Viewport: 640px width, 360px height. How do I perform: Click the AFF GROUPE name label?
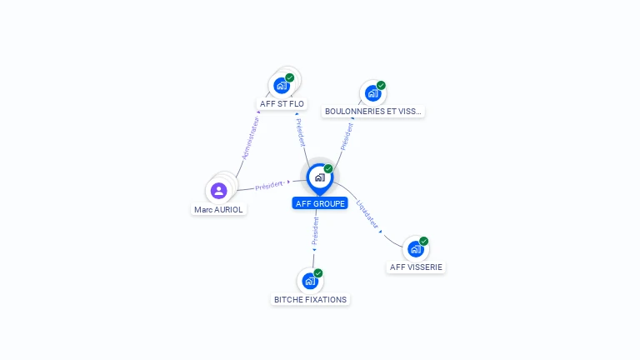(320, 203)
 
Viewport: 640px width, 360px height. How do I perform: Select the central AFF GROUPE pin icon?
(319, 177)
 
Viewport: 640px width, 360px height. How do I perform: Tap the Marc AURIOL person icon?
(219, 191)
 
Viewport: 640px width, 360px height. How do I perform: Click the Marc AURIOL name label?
(218, 210)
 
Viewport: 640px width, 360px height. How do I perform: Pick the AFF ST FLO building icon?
(282, 85)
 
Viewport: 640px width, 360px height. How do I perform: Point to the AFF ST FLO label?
(282, 104)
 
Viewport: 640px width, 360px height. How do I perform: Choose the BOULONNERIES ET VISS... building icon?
(372, 92)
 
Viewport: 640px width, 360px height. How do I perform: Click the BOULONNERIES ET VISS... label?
(373, 111)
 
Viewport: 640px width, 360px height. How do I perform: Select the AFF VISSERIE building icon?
(415, 248)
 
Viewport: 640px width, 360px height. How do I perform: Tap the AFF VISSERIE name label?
(417, 267)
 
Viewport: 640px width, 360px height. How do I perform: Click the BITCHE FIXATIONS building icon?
(310, 281)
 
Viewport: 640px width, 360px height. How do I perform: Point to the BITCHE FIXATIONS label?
(311, 299)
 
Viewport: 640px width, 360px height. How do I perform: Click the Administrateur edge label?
(250, 137)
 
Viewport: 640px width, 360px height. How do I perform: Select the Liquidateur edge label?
(367, 213)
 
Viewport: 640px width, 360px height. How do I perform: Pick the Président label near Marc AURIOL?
(269, 185)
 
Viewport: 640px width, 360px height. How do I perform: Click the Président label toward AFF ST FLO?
(301, 132)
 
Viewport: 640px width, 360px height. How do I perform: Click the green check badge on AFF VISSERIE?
(423, 241)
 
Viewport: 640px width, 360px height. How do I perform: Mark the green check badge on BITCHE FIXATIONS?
(318, 273)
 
